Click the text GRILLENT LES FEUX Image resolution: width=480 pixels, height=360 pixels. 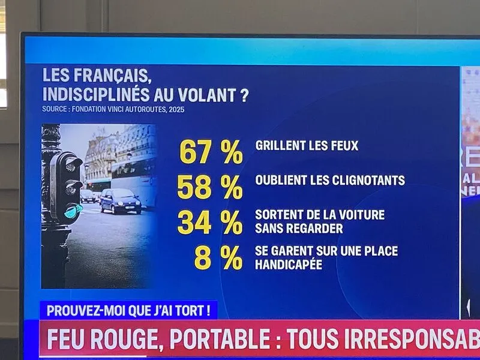click(307, 145)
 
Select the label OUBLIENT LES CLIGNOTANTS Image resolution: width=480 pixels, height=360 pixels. click(329, 180)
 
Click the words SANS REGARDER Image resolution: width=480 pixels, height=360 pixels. click(299, 229)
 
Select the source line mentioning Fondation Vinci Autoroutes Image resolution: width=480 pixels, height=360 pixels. click(113, 109)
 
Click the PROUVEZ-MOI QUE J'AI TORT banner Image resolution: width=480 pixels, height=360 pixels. click(128, 310)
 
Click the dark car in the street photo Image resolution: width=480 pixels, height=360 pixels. click(120, 200)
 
